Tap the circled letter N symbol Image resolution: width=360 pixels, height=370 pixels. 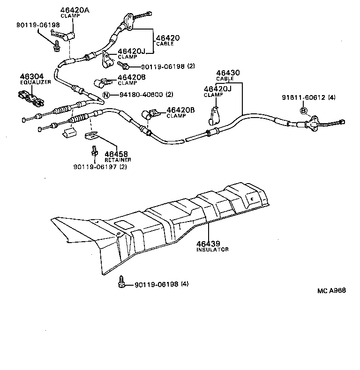coord(106,95)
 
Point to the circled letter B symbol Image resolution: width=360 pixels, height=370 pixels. coord(304,111)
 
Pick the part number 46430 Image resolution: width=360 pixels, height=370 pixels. coord(228,73)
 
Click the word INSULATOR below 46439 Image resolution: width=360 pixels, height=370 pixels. coord(212,250)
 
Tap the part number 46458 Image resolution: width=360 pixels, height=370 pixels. coord(116,154)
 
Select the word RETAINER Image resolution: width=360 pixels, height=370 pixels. coord(118,160)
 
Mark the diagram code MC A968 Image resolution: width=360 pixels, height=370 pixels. coord(331,290)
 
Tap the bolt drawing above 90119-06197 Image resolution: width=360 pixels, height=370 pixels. coord(94,150)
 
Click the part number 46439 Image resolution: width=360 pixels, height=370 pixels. coord(209,244)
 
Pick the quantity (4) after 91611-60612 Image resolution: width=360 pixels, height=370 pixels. coord(332,97)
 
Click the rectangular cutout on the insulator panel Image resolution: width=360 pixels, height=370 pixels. coord(122,225)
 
